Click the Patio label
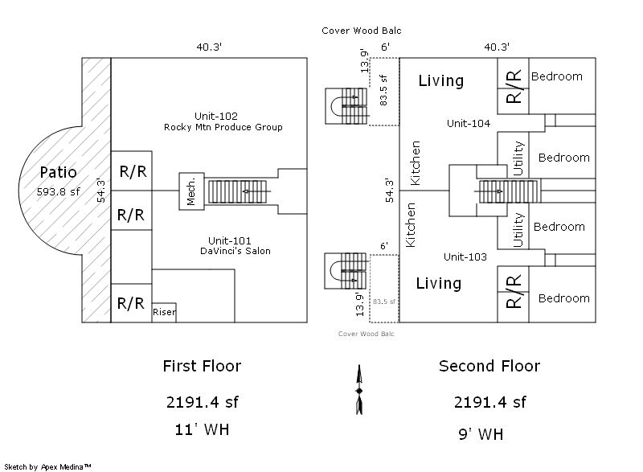(x=58, y=172)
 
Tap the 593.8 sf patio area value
(x=58, y=192)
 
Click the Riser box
(x=164, y=312)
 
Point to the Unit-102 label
(x=215, y=116)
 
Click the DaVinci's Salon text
(x=235, y=252)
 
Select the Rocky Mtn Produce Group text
(x=223, y=128)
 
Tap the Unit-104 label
(x=468, y=124)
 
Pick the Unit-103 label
(x=466, y=257)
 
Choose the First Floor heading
(x=202, y=367)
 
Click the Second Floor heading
(x=489, y=367)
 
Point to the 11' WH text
(x=201, y=429)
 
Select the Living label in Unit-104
(x=440, y=81)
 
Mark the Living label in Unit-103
(x=438, y=284)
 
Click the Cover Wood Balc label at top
(x=361, y=31)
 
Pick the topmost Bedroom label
(x=556, y=76)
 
